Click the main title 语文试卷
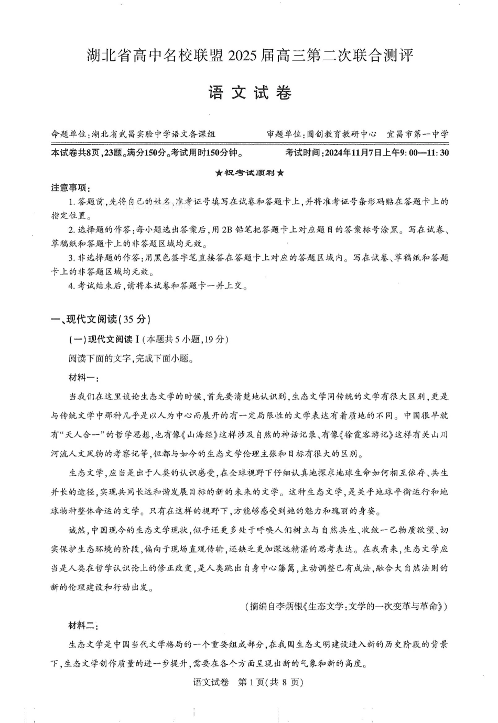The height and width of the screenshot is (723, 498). click(250, 94)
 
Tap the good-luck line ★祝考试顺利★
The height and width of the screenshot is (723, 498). click(250, 173)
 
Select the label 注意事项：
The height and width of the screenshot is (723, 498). click(70, 188)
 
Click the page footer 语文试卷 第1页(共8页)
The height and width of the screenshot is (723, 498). click(248, 682)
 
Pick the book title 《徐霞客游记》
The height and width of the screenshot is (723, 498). click(372, 434)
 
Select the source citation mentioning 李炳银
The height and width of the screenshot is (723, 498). click(346, 607)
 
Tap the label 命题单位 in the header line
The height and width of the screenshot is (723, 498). click(68, 134)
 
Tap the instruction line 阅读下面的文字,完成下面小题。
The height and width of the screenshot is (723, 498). click(131, 359)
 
